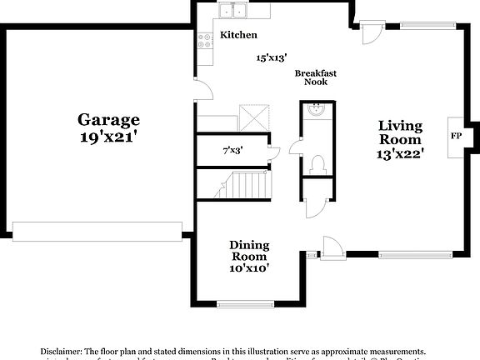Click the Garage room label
108,119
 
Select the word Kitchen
238,35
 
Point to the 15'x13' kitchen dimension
272,57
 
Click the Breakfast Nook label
316,78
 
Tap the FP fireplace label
456,135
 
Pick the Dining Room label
249,251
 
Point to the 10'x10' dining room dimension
249,269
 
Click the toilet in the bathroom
316,163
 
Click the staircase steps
248,184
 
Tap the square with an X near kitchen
252,116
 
